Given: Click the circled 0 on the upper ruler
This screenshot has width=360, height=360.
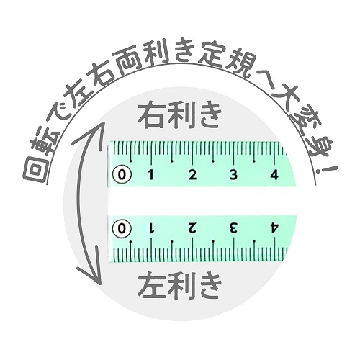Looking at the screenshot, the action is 122,174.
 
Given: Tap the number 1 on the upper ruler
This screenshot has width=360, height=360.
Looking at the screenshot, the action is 150,175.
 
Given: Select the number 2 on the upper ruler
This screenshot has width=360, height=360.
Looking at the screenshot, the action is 192,175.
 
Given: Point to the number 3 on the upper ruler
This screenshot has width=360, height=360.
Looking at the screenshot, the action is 233,175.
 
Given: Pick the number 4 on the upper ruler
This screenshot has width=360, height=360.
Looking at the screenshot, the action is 274,175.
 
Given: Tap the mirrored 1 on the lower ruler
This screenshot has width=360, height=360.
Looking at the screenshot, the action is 151,228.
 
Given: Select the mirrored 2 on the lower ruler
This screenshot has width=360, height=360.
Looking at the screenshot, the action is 192,228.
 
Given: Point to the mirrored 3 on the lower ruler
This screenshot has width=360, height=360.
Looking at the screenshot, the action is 233,228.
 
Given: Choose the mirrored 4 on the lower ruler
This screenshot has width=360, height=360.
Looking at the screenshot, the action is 274,228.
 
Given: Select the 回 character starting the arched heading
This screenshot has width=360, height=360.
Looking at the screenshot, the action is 35,171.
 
